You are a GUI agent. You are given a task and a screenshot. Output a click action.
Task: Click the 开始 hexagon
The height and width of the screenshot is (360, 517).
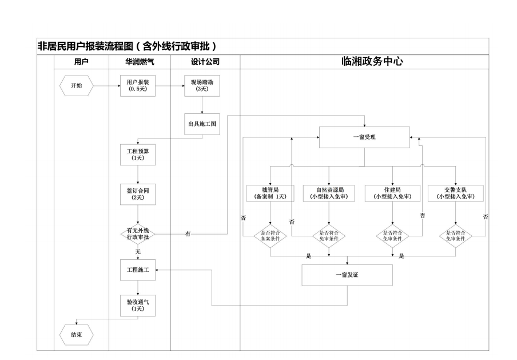pyautogui.click(x=76, y=86)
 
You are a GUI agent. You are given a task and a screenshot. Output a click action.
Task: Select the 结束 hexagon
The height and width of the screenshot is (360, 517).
pyautogui.click(x=76, y=335)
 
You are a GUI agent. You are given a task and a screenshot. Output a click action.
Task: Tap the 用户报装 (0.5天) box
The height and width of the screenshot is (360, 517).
pyautogui.click(x=137, y=86)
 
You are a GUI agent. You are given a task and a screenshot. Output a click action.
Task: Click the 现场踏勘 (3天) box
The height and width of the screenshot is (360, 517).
pyautogui.click(x=202, y=86)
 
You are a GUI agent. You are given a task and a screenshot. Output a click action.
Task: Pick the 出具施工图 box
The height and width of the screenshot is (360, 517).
pyautogui.click(x=202, y=124)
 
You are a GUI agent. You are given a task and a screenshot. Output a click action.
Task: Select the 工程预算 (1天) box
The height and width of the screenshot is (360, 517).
pyautogui.click(x=137, y=154)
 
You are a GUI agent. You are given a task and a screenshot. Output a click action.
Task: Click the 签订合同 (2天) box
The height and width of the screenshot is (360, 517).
pyautogui.click(x=137, y=193)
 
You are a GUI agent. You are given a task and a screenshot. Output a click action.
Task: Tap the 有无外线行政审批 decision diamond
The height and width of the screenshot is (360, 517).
pyautogui.click(x=137, y=234)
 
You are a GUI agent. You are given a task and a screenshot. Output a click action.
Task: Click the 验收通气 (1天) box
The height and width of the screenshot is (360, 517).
pyautogui.click(x=137, y=304)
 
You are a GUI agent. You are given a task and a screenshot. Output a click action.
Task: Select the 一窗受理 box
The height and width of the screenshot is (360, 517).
pyautogui.click(x=364, y=137)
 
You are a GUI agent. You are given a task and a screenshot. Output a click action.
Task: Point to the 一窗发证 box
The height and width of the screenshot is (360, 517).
pyautogui.click(x=347, y=275)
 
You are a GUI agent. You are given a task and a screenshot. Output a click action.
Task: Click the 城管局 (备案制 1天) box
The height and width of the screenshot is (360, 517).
pyautogui.click(x=270, y=193)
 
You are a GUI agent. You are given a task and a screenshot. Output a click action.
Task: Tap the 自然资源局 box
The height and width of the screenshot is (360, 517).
pyautogui.click(x=329, y=193)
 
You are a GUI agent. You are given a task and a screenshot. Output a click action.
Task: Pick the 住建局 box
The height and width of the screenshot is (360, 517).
pyautogui.click(x=392, y=193)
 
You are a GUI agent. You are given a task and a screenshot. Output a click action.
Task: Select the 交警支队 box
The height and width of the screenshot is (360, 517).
pyautogui.click(x=455, y=193)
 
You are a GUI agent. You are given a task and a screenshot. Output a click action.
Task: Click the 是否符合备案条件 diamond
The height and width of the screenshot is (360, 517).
pyautogui.click(x=270, y=235)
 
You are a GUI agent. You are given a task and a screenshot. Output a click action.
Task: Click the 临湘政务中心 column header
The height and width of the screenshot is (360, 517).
pyautogui.click(x=364, y=62)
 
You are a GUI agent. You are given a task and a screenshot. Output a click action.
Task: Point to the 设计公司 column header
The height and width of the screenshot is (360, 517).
pyautogui.click(x=205, y=62)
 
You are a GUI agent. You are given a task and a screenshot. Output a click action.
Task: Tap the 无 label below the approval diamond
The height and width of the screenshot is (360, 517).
pyautogui.click(x=137, y=251)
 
